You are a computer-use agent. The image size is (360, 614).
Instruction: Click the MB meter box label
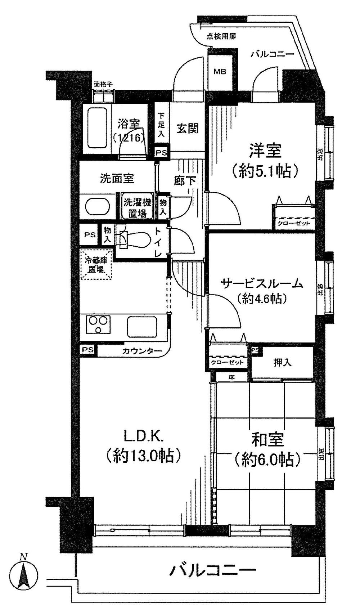[220, 71]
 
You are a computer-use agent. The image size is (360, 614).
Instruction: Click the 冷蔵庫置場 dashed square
[96, 264]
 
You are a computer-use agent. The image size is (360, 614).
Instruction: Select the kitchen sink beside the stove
[142, 326]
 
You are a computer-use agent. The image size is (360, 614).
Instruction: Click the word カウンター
[142, 351]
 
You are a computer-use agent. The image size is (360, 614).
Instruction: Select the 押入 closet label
[283, 363]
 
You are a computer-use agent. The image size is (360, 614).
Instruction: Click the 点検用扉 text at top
[221, 36]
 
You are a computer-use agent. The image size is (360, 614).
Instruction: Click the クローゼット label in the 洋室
[294, 223]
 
